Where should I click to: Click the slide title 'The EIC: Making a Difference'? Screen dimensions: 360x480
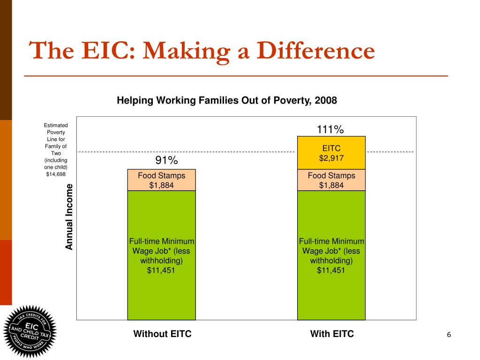coord(202,51)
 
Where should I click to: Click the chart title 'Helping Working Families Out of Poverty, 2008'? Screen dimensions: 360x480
coord(227,101)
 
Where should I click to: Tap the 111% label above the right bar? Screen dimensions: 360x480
coord(331,129)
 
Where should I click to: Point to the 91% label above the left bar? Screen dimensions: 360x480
coord(166,160)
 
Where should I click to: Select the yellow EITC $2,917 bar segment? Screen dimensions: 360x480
coord(331,153)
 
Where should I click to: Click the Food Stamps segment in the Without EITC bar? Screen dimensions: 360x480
coord(161,180)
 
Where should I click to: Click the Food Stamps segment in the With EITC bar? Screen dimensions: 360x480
coord(331,180)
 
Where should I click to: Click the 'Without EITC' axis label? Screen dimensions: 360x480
coord(162,334)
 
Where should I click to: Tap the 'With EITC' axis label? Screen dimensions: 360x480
coord(332,334)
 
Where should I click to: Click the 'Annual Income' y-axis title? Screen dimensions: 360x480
coord(69,217)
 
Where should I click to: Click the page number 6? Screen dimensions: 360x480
coord(449,335)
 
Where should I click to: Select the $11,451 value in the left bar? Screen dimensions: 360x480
coord(161,270)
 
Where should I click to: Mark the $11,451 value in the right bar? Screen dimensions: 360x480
coord(331,270)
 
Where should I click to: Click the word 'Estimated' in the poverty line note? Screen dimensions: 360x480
coord(56,125)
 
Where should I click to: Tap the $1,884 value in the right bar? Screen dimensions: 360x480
coord(331,185)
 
